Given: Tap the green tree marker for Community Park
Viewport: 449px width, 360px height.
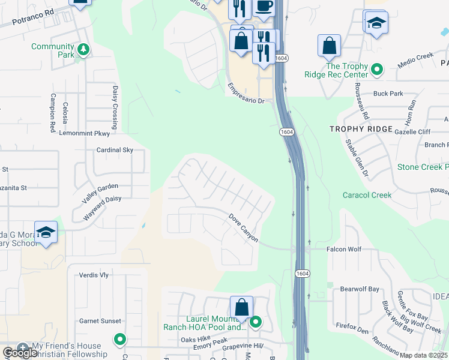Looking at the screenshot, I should (84, 50).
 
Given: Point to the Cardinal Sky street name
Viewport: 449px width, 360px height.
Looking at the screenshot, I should (115, 150).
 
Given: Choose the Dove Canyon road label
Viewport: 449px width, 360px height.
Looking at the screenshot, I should (243, 228).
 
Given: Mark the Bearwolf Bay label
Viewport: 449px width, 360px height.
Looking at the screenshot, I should (360, 289).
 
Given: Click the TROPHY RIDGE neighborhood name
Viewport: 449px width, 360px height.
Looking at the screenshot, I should (361, 129).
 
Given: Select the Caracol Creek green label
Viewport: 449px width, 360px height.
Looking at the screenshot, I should (367, 195).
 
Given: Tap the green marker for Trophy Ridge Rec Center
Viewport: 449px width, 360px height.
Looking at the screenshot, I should (377, 70).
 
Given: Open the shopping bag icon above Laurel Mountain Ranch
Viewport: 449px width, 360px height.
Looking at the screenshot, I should (241, 307).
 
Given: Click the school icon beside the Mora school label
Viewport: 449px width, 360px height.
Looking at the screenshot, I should (46, 233).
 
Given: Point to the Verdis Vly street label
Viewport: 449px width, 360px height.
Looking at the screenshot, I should (94, 275).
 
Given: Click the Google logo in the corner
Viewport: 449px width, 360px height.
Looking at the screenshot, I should (20, 353).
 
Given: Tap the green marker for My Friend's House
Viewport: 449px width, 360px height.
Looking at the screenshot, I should (120, 340).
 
